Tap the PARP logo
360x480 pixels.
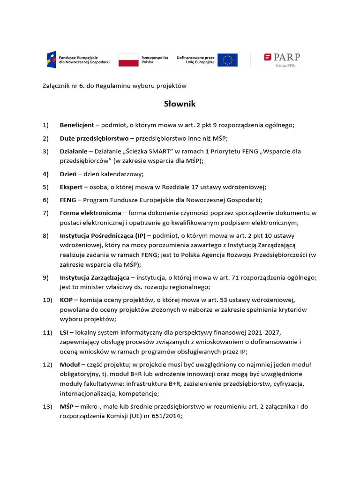pyautogui.click(x=282, y=60)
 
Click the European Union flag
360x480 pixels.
pyautogui.click(x=227, y=60)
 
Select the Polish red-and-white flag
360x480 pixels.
pyautogui.click(x=127, y=60)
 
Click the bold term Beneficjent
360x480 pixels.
pyautogui.click(x=77, y=125)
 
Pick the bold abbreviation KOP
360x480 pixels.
pyautogui.click(x=66, y=300)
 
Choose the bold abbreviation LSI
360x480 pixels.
pyautogui.click(x=65, y=332)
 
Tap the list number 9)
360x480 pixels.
pyautogui.click(x=45, y=278)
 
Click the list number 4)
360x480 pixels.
pyautogui.click(x=45, y=174)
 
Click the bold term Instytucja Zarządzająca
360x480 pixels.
pyautogui.click(x=94, y=278)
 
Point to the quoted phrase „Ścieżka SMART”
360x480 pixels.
pyautogui.click(x=140, y=151)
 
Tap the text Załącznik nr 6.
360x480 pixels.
pyautogui.click(x=59, y=86)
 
